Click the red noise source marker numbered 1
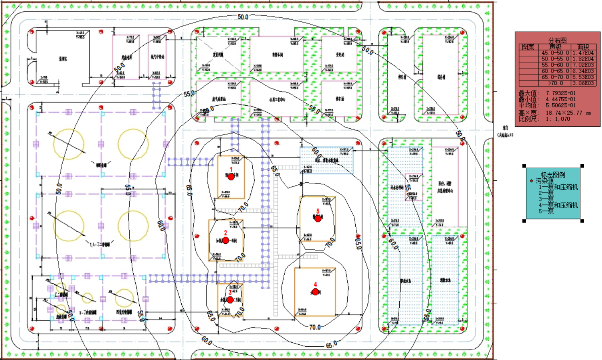(231, 177)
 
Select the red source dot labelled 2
(226, 241)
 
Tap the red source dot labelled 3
(230, 300)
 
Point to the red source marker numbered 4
(315, 292)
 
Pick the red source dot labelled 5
(318, 219)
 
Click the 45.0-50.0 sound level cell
(555, 53)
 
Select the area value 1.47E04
(583, 53)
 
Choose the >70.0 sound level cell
(555, 83)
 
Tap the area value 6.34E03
(583, 71)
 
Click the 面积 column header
(583, 47)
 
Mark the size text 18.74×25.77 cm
(568, 113)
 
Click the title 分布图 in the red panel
(557, 40)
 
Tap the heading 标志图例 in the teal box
(553, 175)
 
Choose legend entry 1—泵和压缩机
(558, 187)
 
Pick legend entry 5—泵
(546, 211)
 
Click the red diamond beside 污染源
(531, 181)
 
